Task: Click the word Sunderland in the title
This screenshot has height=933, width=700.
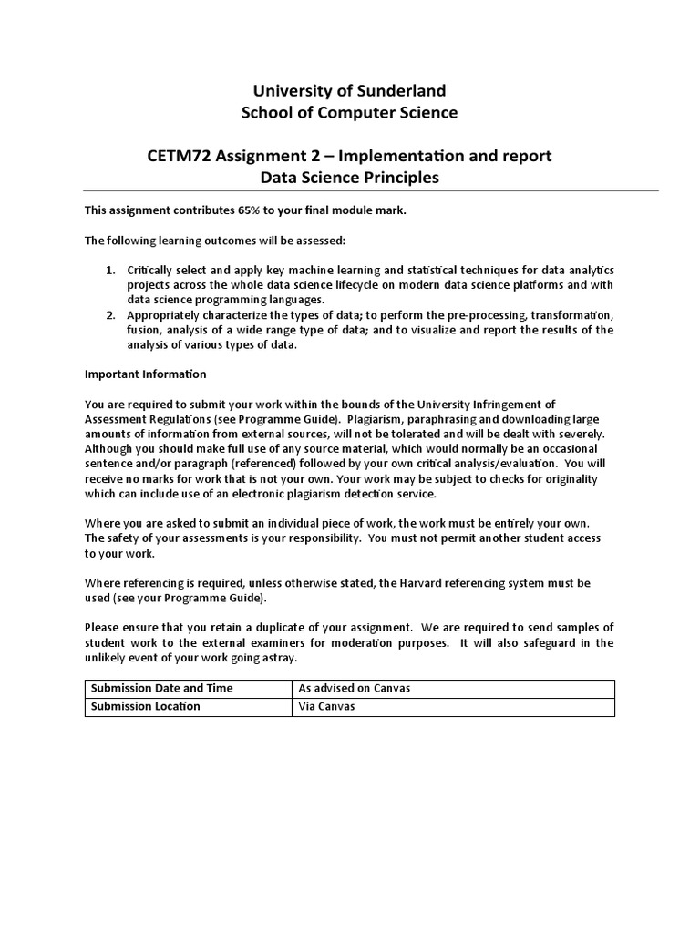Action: click(x=402, y=90)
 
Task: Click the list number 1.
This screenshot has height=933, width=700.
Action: click(x=108, y=271)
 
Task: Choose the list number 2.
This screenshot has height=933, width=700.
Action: click(x=108, y=315)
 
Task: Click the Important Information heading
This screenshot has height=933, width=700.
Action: click(x=146, y=374)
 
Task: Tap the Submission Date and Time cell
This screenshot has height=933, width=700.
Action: click(x=160, y=688)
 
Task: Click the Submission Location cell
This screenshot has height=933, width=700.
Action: click(x=143, y=706)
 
